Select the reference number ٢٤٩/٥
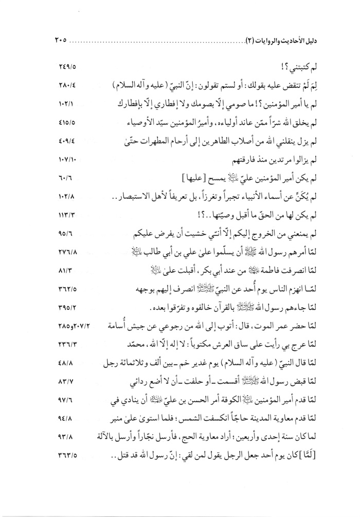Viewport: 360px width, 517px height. pos(64,66)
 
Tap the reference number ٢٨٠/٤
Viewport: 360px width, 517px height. pos(64,84)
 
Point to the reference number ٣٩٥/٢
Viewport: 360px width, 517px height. pos(64,298)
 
